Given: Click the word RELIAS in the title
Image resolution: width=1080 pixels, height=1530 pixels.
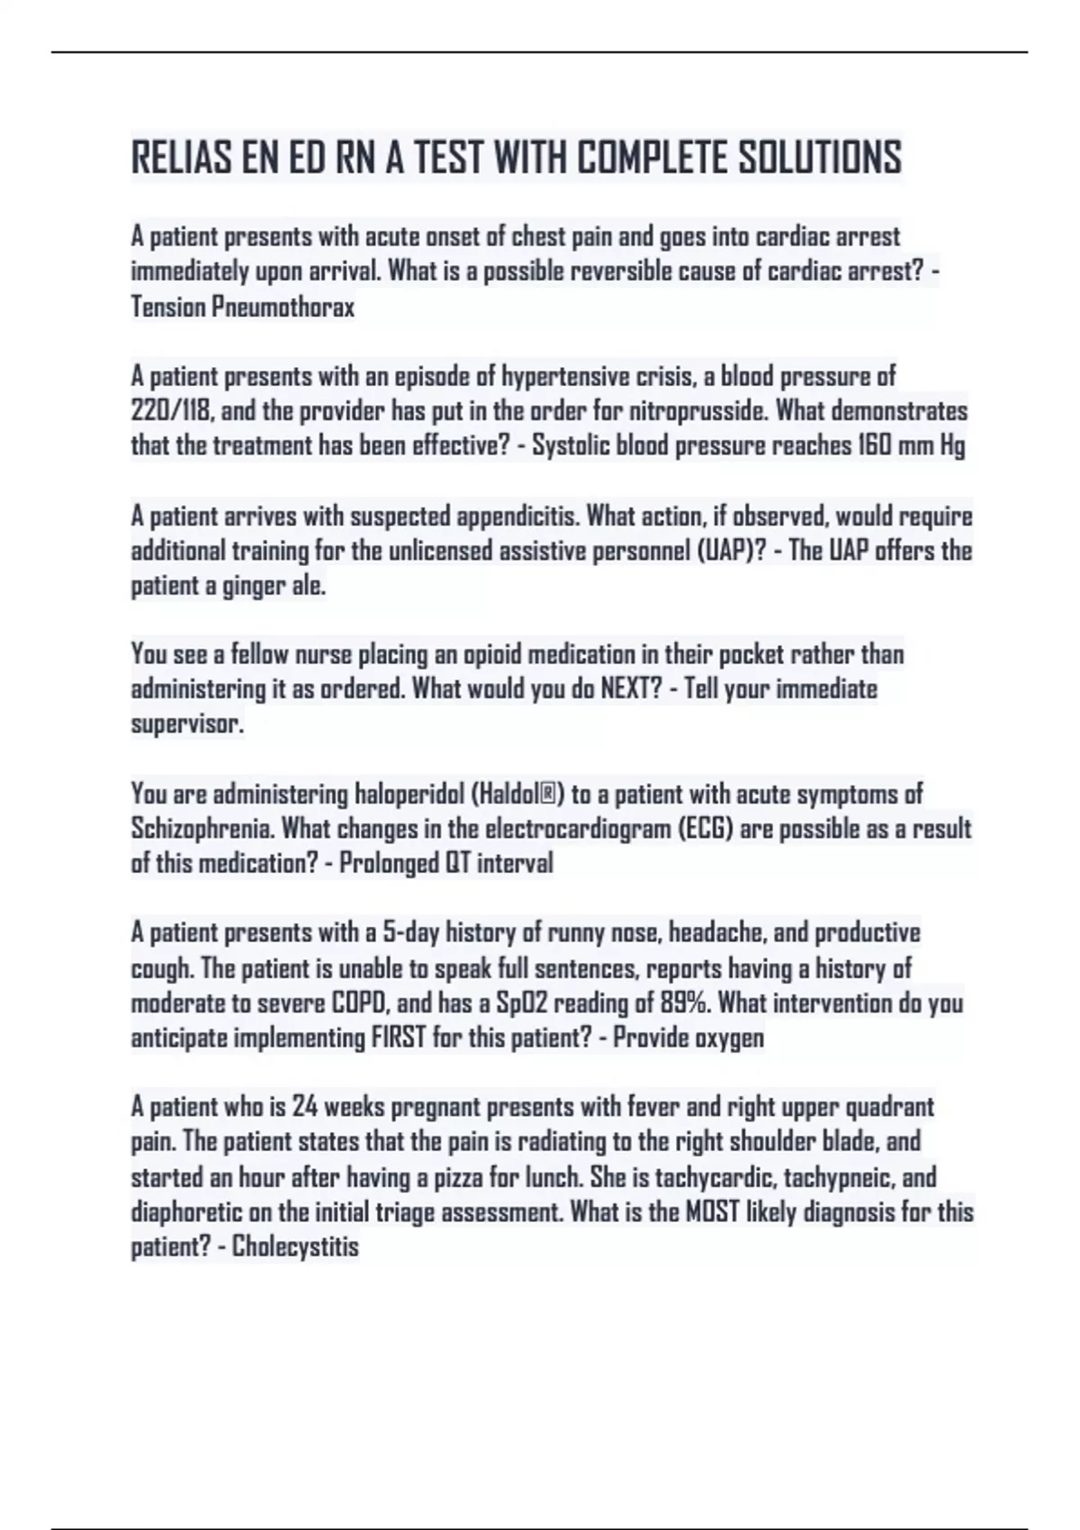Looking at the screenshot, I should pos(181,158).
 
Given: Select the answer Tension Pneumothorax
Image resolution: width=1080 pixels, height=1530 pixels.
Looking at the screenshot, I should pos(243,307).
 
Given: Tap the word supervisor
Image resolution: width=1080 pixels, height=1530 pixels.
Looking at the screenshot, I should pos(187,724).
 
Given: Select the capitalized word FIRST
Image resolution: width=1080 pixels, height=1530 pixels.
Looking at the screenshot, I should pos(398,1038).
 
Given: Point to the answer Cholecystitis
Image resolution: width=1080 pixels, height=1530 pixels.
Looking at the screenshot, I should pos(295,1247).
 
